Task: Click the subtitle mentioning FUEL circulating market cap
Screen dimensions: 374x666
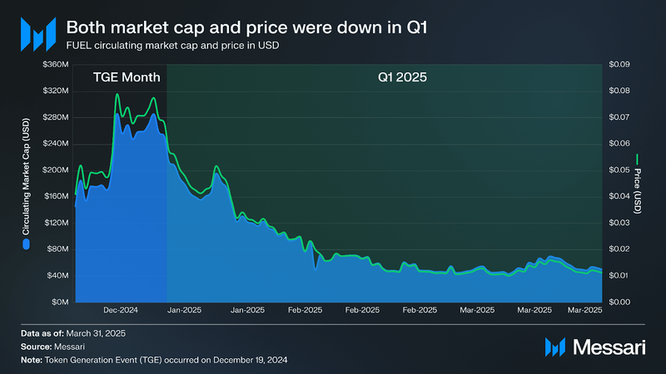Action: (172, 46)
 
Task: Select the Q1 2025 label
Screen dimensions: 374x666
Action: (403, 77)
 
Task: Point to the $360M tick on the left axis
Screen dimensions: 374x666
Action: (54, 64)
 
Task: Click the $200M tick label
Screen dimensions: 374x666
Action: (54, 170)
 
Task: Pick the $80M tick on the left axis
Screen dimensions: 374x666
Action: (56, 249)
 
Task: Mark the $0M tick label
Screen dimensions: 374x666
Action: (58, 302)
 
